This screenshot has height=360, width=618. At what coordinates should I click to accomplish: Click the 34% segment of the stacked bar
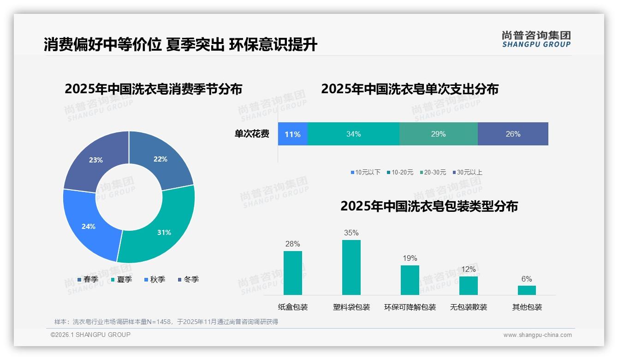[353, 134]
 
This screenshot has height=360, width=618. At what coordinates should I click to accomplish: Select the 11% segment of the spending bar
[292, 134]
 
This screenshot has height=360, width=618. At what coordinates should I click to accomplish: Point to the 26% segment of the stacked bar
[513, 134]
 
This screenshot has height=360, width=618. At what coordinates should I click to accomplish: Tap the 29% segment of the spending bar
[438, 134]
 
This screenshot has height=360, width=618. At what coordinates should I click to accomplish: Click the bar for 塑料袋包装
[351, 268]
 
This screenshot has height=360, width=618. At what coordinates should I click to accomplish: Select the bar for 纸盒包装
[292, 273]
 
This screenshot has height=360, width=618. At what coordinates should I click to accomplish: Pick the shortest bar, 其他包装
[527, 290]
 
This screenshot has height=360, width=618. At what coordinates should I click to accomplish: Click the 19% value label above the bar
[410, 258]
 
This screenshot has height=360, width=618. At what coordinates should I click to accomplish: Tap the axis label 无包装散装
[468, 307]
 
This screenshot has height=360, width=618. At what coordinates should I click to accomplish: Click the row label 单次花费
[252, 134]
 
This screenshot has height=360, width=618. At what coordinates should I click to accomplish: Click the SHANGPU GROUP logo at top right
[536, 39]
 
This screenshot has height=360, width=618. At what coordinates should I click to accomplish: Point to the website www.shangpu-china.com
[537, 335]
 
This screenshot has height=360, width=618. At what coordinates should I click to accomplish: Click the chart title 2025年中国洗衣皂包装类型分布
[429, 206]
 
